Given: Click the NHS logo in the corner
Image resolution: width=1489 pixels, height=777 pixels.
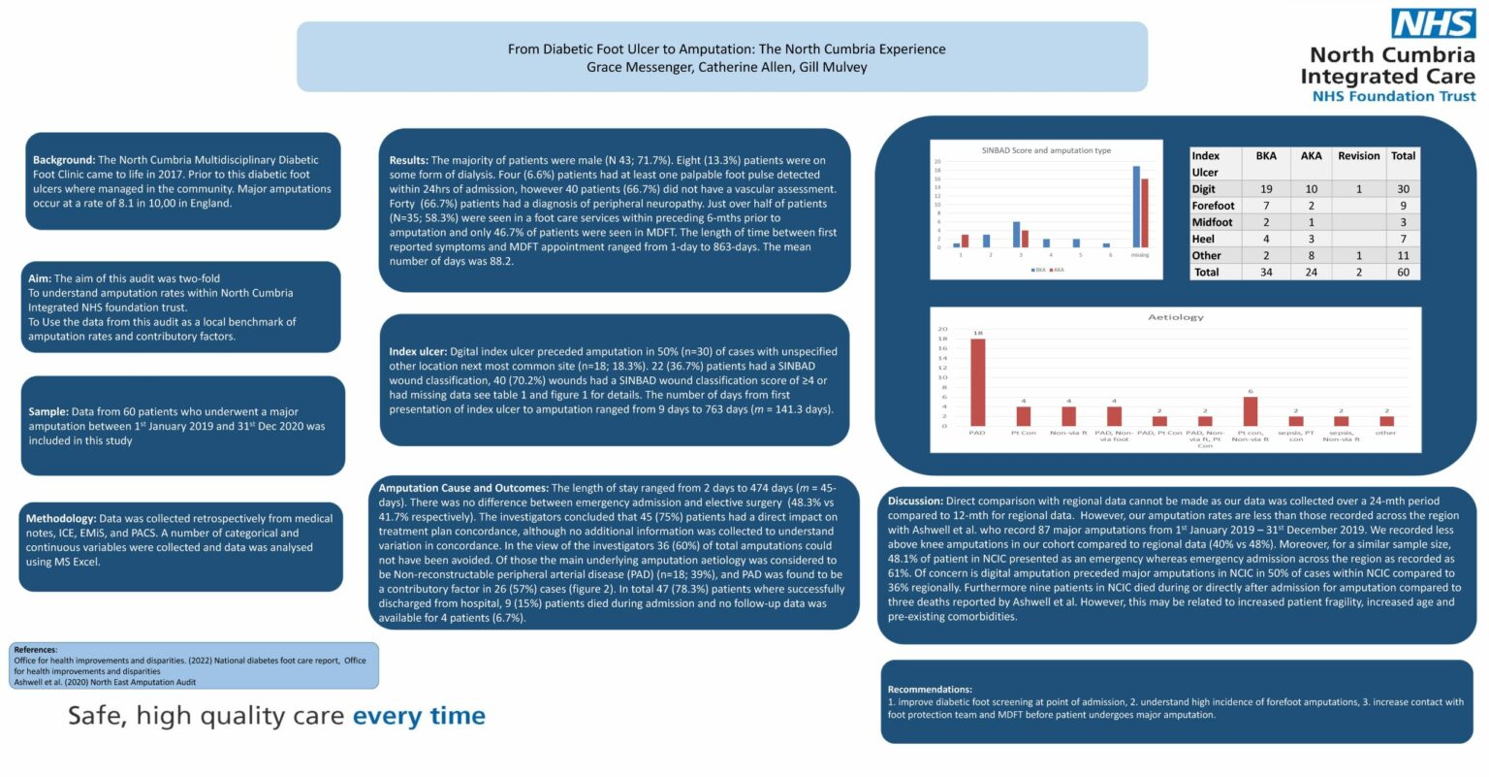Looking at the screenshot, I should click(x=1433, y=23).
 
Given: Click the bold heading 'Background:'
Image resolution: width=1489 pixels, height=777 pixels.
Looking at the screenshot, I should click(x=64, y=160).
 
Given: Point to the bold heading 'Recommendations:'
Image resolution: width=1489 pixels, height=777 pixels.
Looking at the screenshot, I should click(x=930, y=689).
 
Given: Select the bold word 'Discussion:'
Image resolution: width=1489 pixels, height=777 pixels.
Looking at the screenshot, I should click(x=915, y=502).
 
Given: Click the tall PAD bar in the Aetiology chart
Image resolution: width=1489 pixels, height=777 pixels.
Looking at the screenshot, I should click(x=977, y=381).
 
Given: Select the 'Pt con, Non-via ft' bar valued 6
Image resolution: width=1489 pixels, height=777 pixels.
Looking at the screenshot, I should click(x=1250, y=410).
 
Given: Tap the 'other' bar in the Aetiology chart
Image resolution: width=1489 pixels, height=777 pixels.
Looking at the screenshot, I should click(x=1385, y=420).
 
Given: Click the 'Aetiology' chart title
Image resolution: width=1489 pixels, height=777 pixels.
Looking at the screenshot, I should click(x=1175, y=317).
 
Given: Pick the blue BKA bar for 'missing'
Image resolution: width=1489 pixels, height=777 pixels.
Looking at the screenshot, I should click(x=1136, y=207).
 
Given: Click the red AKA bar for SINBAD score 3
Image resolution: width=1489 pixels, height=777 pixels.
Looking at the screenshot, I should click(x=1025, y=239).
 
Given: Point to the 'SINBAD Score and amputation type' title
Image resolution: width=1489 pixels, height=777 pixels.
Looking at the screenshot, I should click(x=1046, y=150).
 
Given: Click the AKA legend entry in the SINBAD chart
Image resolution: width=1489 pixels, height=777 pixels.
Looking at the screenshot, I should click(x=1056, y=270).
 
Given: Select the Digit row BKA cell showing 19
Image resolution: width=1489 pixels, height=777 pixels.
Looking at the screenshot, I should click(x=1265, y=189).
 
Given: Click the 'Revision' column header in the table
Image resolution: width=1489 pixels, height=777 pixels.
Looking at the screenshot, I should click(x=1358, y=156).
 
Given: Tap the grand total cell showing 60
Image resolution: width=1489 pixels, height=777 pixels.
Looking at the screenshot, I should click(x=1403, y=273).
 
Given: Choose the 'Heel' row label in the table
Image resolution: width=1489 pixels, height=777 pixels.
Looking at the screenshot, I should click(x=1203, y=239).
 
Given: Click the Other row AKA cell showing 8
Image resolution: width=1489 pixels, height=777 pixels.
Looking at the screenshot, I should click(x=1311, y=256).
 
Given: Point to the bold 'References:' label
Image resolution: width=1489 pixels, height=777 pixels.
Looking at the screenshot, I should click(x=36, y=650).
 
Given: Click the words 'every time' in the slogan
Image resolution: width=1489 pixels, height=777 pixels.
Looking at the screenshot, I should click(x=418, y=716).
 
